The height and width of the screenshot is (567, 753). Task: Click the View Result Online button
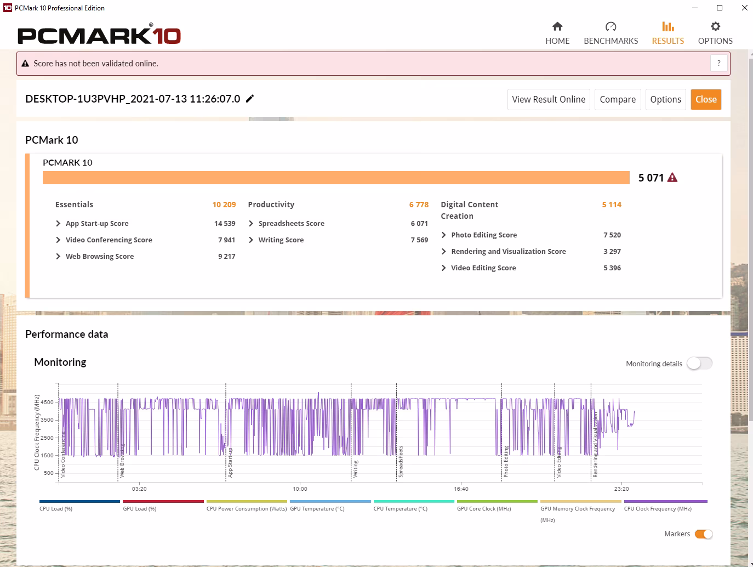coord(549,100)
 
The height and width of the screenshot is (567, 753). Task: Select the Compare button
coord(618,100)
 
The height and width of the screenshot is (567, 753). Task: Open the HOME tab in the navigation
coord(557,33)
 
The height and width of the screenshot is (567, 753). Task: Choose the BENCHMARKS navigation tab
coord(611,33)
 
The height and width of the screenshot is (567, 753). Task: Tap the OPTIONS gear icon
coord(715,26)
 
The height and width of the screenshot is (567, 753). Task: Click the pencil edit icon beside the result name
coord(250,99)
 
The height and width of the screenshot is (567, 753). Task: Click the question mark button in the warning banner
coord(718,64)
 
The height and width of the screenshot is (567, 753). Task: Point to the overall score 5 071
coord(651,178)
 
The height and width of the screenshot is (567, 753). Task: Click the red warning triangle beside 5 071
coord(672,178)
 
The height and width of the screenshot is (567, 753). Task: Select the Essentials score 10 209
coord(224,205)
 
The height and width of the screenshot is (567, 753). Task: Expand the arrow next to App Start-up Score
coord(58,223)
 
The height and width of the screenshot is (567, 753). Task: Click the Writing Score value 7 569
coord(419,240)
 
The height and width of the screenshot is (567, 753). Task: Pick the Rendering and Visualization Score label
coord(509,252)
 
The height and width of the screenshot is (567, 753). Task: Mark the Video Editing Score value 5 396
coord(612,268)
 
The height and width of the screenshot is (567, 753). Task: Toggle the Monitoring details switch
coord(699,364)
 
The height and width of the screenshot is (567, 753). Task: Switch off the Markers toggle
coord(704,535)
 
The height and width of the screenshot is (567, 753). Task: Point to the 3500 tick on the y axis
coord(47,419)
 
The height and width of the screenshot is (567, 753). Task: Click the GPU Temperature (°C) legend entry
coord(317,509)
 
